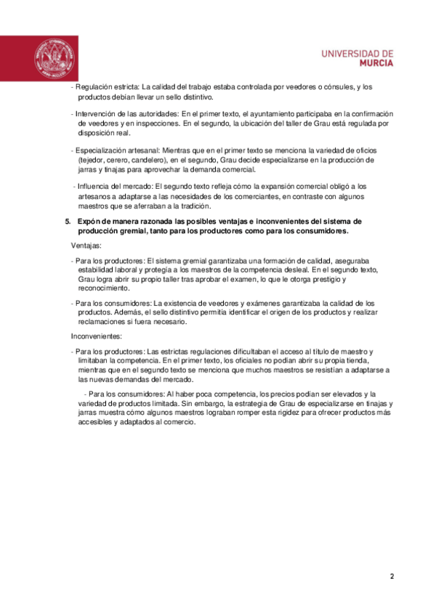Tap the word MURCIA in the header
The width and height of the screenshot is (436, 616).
[x=376, y=63]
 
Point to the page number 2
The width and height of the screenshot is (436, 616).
[x=392, y=577]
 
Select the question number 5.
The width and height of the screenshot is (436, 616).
[x=68, y=222]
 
